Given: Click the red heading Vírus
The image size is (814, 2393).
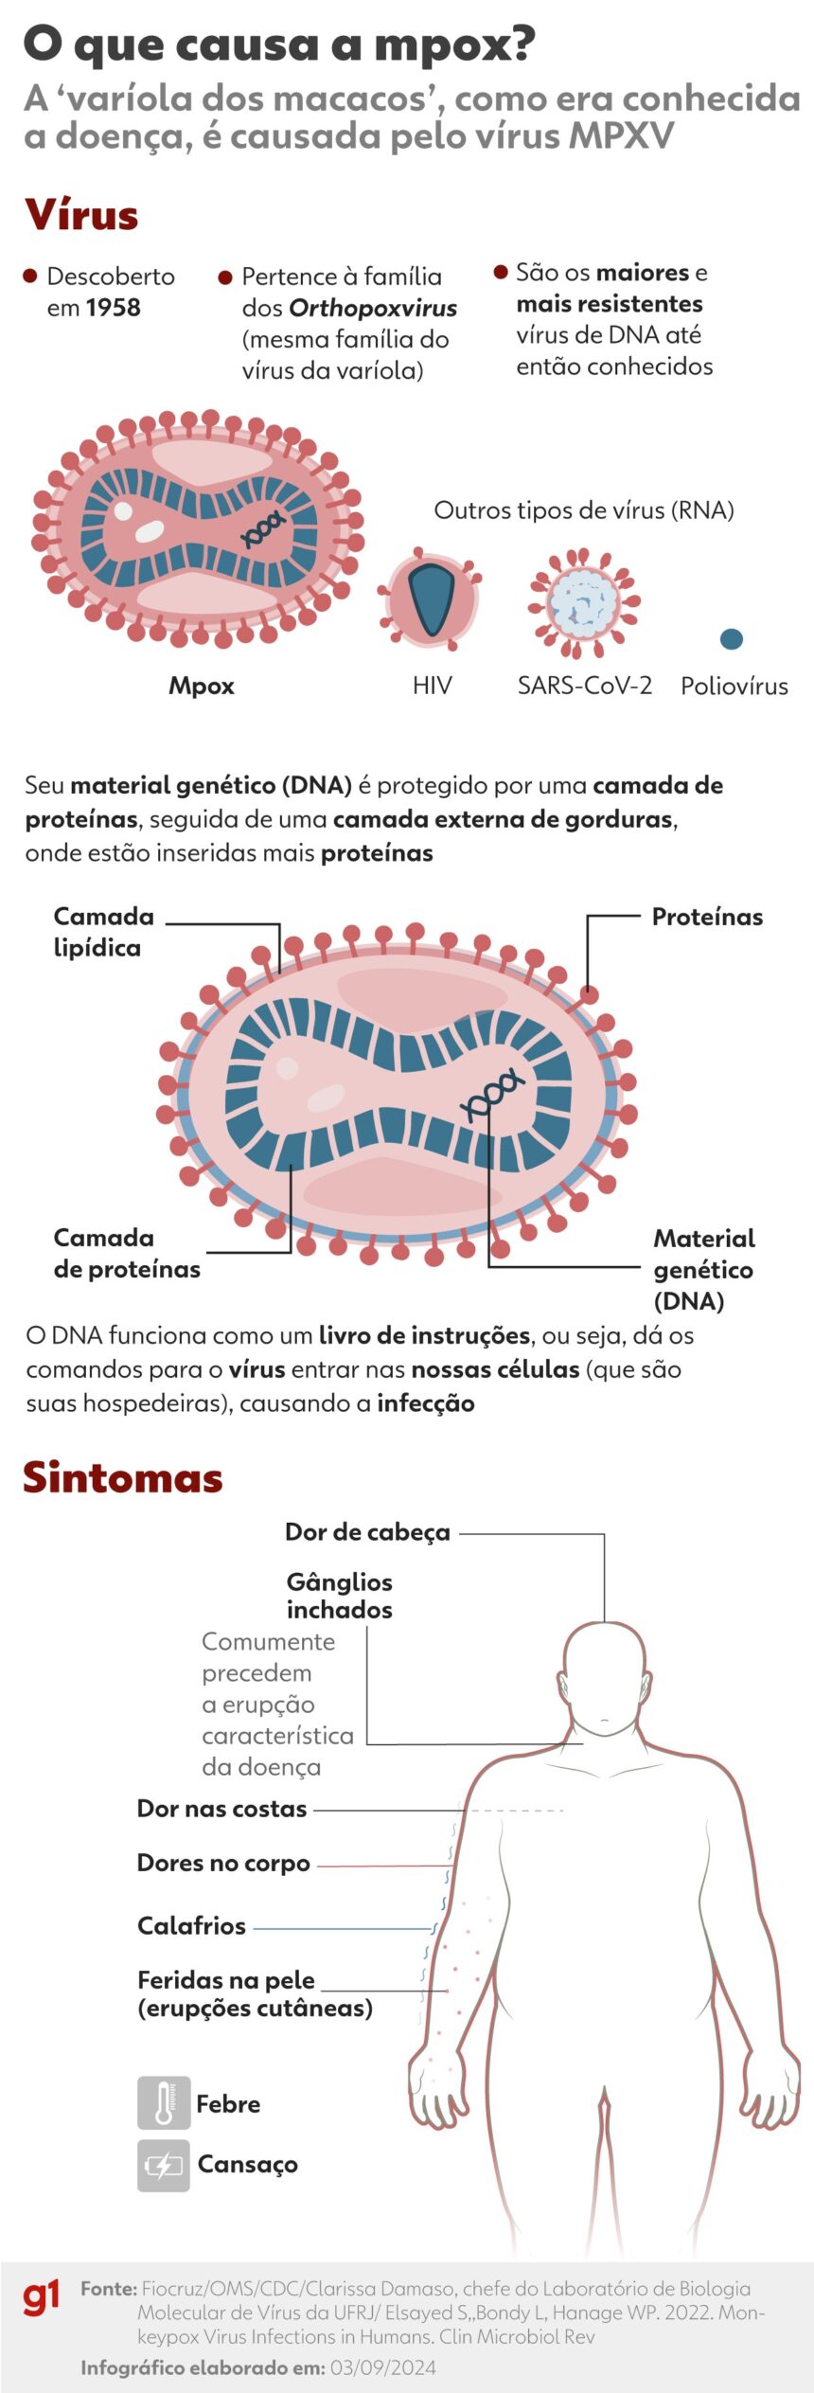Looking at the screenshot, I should click(82, 215).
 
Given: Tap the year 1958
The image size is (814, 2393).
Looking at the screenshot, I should click(113, 308).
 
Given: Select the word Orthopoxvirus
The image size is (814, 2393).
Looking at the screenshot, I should click(373, 308).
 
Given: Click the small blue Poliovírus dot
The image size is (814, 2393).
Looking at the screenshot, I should click(731, 639).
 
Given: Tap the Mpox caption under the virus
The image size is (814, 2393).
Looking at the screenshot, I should click(202, 686).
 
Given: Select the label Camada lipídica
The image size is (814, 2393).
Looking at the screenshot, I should click(103, 932).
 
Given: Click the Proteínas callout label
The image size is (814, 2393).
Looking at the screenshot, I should click(707, 917).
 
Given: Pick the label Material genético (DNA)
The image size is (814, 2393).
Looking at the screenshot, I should click(703, 1269).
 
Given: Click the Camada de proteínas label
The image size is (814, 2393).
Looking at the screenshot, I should click(126, 1253).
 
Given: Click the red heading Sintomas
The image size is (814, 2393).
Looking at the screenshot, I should click(123, 1478).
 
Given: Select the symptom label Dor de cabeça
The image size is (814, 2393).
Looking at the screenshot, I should click(367, 1532).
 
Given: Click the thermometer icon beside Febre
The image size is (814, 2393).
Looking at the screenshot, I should click(164, 2103).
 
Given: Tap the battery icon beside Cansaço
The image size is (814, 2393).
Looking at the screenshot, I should click(164, 2165).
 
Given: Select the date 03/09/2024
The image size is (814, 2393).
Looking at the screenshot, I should click(383, 2367).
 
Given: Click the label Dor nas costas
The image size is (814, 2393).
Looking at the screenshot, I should click(221, 1808).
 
